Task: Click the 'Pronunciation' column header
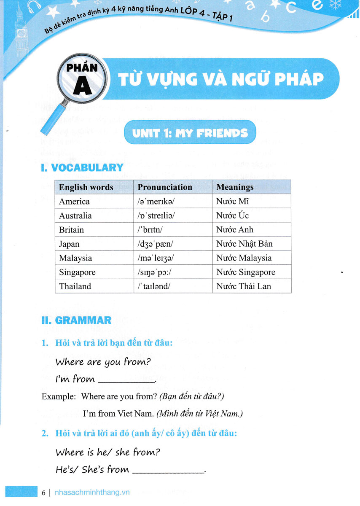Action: [165, 187]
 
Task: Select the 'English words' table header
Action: [86, 187]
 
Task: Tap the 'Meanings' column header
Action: [235, 187]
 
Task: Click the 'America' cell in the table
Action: [74, 201]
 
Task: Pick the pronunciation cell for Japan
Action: [154, 244]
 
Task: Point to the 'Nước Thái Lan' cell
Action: [243, 286]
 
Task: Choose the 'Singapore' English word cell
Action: [77, 272]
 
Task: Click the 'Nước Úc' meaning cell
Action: [232, 215]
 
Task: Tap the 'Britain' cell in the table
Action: [71, 230]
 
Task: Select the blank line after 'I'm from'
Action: [126, 382]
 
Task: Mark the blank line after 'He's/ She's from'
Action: [168, 472]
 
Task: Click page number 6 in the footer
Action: [44, 492]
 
